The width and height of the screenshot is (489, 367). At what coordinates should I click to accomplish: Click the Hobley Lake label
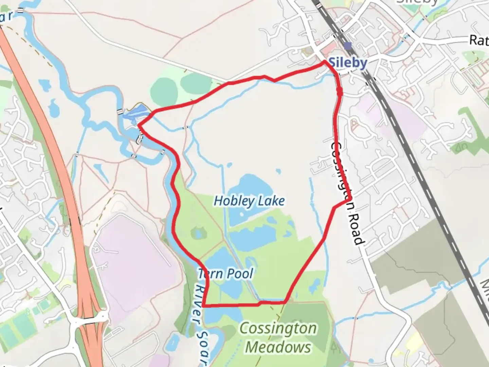(249, 201)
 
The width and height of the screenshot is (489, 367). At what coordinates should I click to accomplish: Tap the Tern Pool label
(226, 274)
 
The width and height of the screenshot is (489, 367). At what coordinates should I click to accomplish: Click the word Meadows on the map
(278, 347)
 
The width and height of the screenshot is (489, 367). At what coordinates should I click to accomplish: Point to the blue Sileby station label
(348, 63)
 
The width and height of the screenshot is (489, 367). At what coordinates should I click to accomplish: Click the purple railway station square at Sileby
(347, 46)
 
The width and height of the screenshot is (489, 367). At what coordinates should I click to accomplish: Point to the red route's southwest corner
(204, 305)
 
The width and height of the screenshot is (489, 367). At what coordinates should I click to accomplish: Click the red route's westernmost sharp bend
(139, 125)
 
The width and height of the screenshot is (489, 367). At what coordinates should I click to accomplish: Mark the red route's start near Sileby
(325, 62)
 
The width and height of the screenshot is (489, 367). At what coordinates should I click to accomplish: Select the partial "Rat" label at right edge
(479, 40)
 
